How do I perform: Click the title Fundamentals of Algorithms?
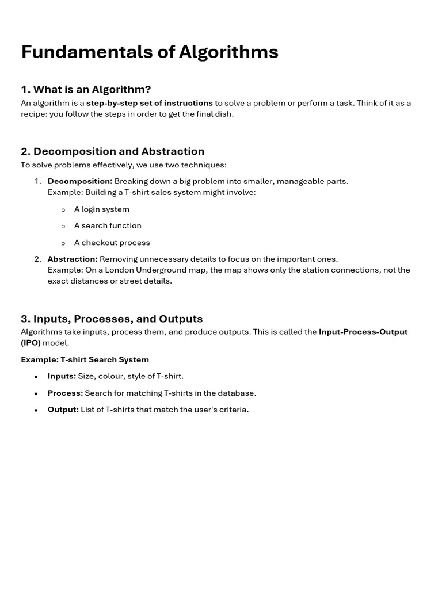150,52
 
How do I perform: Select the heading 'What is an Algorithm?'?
86,89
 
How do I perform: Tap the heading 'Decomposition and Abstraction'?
112,151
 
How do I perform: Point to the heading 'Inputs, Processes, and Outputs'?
112,319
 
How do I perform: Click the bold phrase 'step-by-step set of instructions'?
149,103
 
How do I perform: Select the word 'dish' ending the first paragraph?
223,114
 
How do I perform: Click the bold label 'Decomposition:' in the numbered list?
80,181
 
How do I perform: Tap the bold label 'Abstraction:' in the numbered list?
73,259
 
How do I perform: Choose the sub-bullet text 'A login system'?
101,209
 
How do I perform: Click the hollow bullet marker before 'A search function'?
63,227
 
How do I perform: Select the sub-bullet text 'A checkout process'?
112,243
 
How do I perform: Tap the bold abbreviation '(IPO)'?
31,343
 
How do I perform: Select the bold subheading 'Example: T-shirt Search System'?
85,359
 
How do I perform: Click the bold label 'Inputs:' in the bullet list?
62,376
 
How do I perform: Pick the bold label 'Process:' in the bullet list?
65,393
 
